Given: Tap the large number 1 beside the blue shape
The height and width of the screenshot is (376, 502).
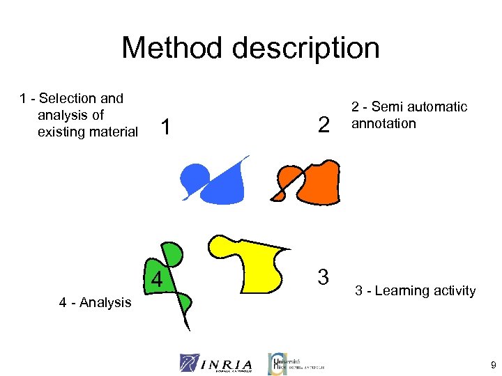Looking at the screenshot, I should point(166,127).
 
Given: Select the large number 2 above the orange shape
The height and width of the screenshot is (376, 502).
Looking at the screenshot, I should point(323,125).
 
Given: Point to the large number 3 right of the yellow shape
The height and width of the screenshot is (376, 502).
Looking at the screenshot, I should point(323,276).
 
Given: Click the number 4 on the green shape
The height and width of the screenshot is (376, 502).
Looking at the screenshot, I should point(158,280).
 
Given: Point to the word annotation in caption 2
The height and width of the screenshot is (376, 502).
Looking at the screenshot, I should point(383,123).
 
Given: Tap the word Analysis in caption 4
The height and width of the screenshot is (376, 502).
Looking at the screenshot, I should point(105,302).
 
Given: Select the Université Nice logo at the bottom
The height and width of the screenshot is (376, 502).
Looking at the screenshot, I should point(296,362).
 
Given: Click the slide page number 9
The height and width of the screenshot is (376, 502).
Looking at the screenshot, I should point(493,364).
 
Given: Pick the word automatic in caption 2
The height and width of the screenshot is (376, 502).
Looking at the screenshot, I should point(438,107).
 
